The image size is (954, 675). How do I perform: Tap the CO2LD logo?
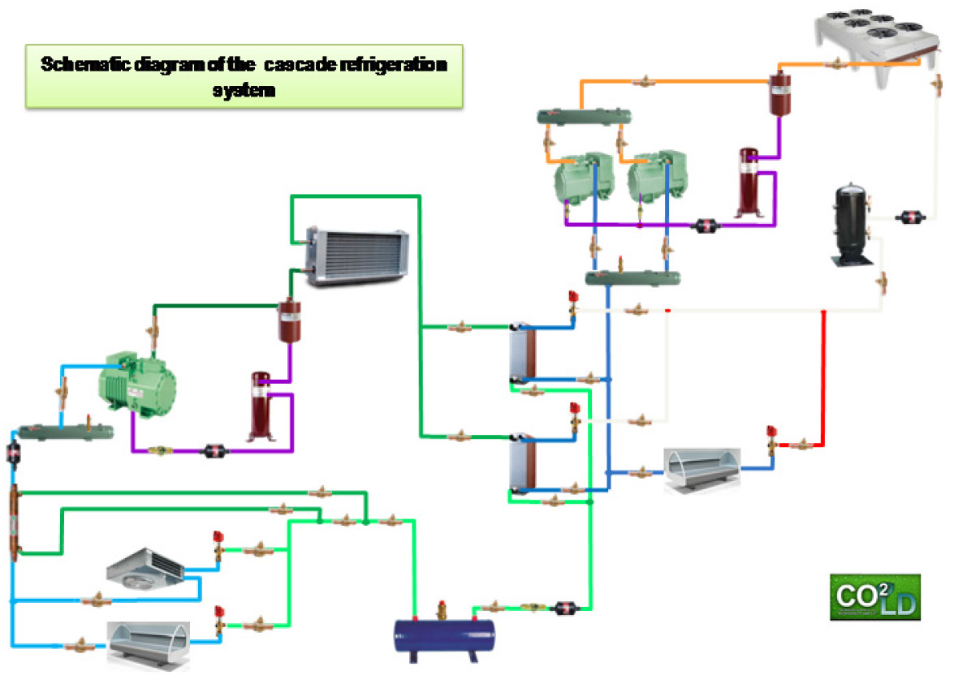(874, 597)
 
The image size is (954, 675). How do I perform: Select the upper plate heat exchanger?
(522, 353)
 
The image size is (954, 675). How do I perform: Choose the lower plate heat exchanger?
(522, 464)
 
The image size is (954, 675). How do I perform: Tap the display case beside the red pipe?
(701, 471)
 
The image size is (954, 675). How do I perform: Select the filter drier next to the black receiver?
(907, 217)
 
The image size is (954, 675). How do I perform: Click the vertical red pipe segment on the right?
(824, 377)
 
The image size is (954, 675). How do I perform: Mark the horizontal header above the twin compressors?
(584, 116)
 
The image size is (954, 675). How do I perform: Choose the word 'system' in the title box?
(244, 90)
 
